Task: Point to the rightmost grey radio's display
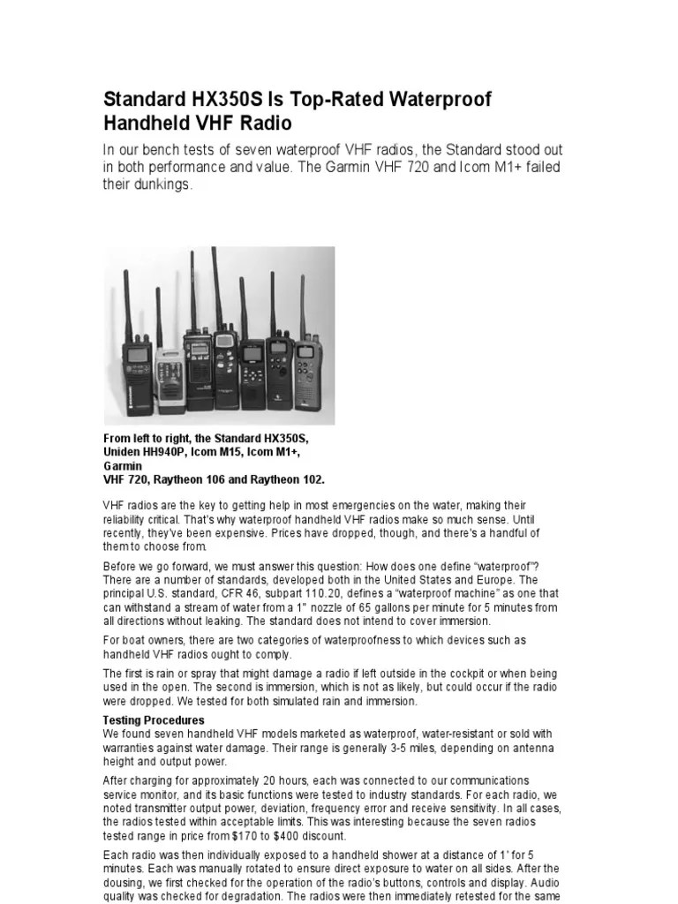pyautogui.click(x=305, y=351)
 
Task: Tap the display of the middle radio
pyautogui.click(x=224, y=341)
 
